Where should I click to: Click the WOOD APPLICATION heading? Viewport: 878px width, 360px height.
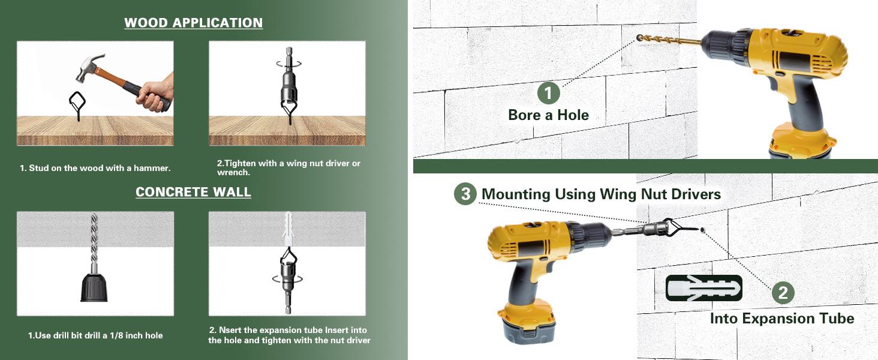point(193,23)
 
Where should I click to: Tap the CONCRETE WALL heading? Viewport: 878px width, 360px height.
point(193,192)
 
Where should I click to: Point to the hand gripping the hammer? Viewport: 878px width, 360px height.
point(155,94)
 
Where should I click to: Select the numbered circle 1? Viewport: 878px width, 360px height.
point(548,93)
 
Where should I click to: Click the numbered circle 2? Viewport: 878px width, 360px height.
point(783,293)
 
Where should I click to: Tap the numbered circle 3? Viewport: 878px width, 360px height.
point(465,194)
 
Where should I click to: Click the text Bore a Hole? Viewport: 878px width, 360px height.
point(548,115)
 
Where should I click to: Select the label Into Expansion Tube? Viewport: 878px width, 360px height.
point(782,318)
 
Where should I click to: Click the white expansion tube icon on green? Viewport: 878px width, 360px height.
point(703,288)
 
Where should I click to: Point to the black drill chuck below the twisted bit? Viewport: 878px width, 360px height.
point(94,287)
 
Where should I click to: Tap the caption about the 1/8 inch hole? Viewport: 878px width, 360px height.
point(95,335)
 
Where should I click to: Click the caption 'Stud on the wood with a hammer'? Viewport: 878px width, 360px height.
point(95,168)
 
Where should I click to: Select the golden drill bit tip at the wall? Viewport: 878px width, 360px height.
point(640,38)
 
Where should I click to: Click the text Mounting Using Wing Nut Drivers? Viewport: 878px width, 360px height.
point(601,194)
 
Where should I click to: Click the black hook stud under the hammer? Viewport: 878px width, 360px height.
point(77,106)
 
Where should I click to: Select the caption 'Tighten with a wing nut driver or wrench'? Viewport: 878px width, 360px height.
point(288,167)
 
